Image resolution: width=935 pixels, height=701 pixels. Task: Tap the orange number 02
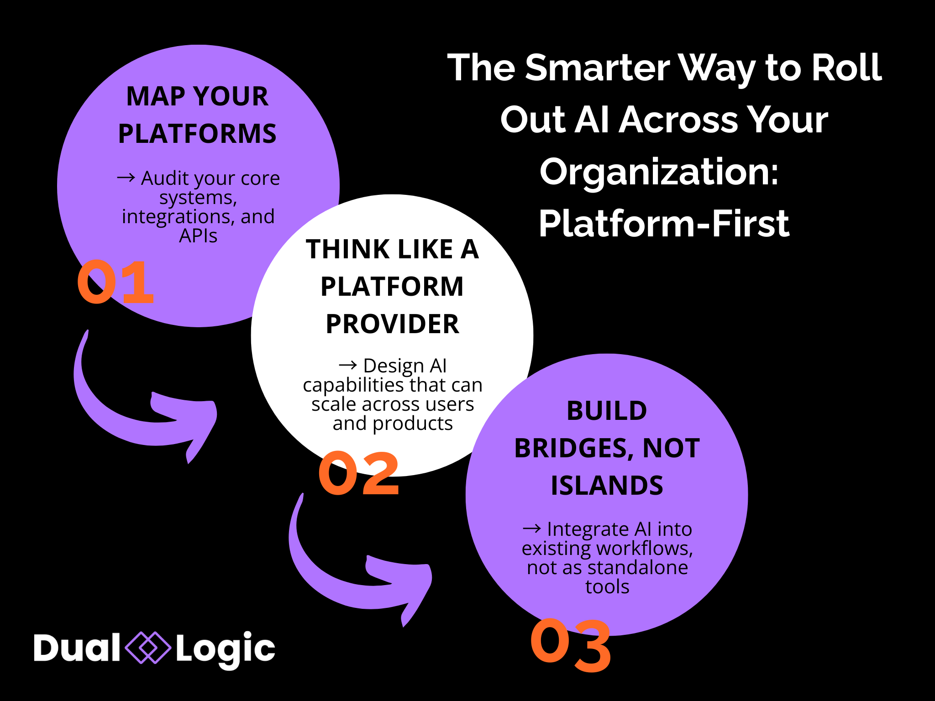pyautogui.click(x=359, y=473)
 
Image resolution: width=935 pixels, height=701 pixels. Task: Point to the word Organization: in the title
pyautogui.click(x=659, y=173)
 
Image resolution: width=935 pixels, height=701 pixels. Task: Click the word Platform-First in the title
pyautogui.click(x=664, y=224)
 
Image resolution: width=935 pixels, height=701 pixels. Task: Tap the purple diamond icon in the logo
pyautogui.click(x=148, y=648)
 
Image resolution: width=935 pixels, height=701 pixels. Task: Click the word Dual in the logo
pyautogui.click(x=77, y=648)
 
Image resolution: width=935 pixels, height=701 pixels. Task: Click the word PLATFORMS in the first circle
pyautogui.click(x=197, y=134)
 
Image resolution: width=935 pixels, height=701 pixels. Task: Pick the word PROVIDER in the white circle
pyautogui.click(x=392, y=324)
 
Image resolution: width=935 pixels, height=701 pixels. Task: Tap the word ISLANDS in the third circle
pyautogui.click(x=607, y=485)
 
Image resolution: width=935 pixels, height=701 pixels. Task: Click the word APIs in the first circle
pyautogui.click(x=198, y=236)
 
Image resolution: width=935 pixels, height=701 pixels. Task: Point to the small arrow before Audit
pyautogui.click(x=126, y=177)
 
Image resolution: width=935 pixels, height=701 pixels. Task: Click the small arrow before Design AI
pyautogui.click(x=348, y=365)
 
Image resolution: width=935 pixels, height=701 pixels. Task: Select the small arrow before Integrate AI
pyautogui.click(x=532, y=528)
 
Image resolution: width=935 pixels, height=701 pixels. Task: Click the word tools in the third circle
pyautogui.click(x=607, y=587)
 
